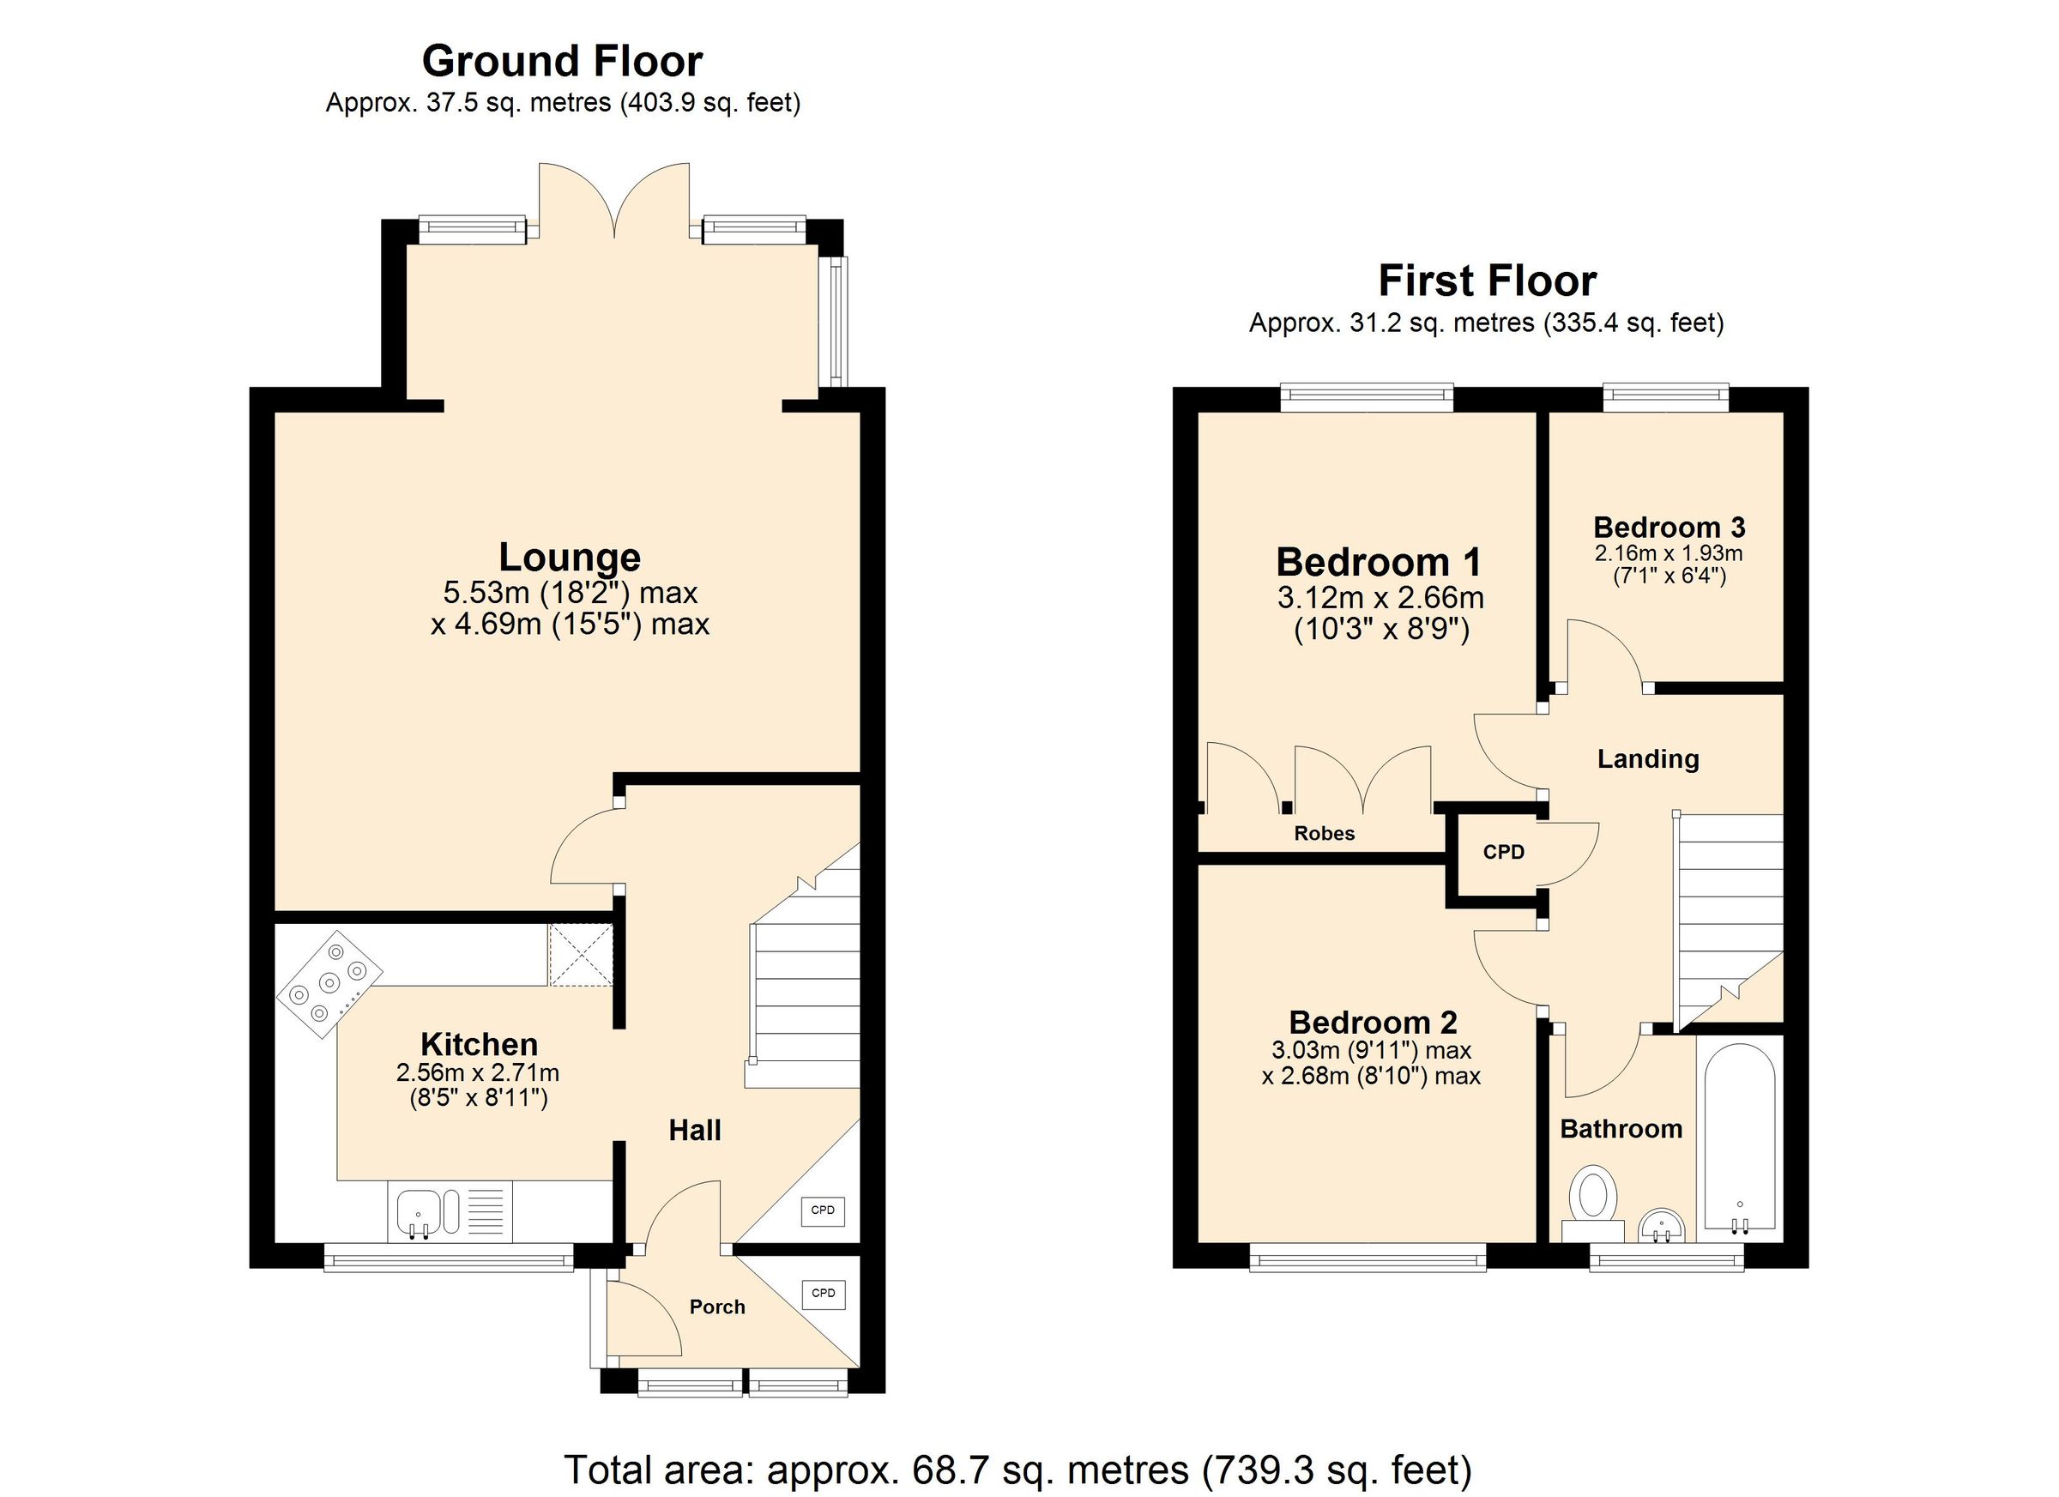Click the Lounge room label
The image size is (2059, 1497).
coord(569,558)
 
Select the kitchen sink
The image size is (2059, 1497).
coord(419,1213)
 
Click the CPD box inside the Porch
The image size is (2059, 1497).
coord(823,1293)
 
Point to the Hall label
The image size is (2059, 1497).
coord(695,1130)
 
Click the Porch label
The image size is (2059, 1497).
coord(716,1307)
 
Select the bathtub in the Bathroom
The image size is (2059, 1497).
coord(1740,1139)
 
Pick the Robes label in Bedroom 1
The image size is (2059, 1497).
coord(1324,833)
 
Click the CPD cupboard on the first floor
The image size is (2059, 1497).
coord(1503,852)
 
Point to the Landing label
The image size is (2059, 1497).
coord(1648,759)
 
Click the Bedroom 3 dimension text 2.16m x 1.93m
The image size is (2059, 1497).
coord(1669,552)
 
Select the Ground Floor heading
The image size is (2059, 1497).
coord(562,62)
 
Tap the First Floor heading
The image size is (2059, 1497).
coord(1486,281)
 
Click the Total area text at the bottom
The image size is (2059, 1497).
coord(1017,1469)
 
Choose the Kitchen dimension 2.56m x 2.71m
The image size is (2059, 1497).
coord(478,1073)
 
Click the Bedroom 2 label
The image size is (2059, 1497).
coord(1373,1023)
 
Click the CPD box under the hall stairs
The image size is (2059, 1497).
coord(823,1210)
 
